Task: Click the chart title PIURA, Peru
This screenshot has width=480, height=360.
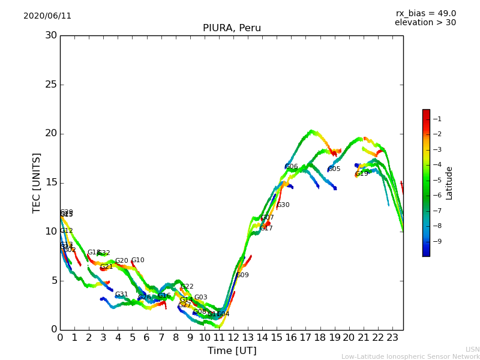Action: click(232, 28)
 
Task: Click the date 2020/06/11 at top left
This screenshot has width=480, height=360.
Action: click(47, 16)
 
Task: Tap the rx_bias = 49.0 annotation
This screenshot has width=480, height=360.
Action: click(426, 14)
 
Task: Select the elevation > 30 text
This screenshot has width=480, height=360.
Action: click(425, 23)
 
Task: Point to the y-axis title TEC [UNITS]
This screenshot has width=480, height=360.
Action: click(37, 182)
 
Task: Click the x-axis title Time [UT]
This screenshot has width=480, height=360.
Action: click(232, 351)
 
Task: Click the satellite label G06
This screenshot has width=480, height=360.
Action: click(292, 167)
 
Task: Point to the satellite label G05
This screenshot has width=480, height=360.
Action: click(334, 169)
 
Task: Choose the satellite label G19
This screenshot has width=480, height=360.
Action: click(362, 174)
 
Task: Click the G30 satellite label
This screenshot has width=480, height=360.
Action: click(283, 205)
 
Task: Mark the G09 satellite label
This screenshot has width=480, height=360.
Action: click(242, 275)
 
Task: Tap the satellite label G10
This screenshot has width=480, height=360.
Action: click(138, 260)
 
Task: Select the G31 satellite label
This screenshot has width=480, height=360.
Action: click(122, 295)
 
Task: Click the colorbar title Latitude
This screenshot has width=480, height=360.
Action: click(449, 183)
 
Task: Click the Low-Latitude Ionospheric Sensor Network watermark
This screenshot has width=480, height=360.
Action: click(410, 357)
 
